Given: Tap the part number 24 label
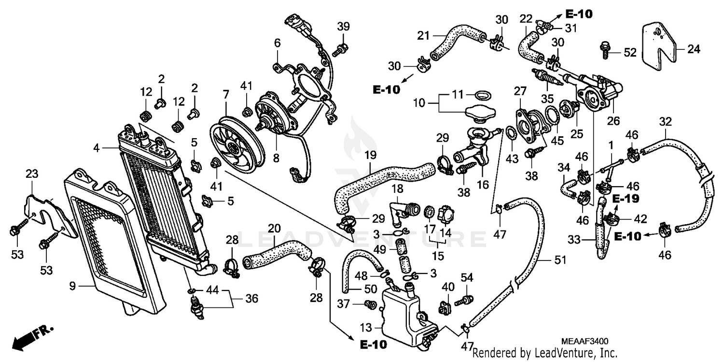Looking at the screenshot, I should [x=693, y=49].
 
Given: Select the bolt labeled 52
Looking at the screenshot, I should [x=604, y=49].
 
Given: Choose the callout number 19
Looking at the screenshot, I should [x=370, y=156].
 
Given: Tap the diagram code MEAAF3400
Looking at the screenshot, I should [x=584, y=341].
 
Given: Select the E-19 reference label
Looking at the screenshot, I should [x=626, y=199].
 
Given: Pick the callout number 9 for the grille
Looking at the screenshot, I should [x=72, y=286].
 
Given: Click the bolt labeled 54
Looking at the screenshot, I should [x=467, y=300].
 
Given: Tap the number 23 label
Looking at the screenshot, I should [x=32, y=174].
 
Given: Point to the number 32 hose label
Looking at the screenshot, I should [x=665, y=121].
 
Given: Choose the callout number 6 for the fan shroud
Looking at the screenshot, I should [x=277, y=43].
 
